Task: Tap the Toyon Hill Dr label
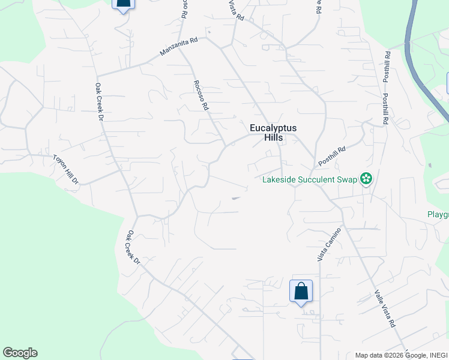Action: (66, 168)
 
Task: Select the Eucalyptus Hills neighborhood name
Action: (273, 133)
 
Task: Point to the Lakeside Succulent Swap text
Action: (309, 178)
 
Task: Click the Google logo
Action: (20, 353)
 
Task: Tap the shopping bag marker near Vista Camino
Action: (301, 292)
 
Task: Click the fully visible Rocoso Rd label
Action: (200, 95)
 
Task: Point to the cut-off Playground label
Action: (438, 215)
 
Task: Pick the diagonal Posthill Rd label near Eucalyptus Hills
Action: (333, 158)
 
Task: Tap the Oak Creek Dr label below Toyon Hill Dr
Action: (133, 248)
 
